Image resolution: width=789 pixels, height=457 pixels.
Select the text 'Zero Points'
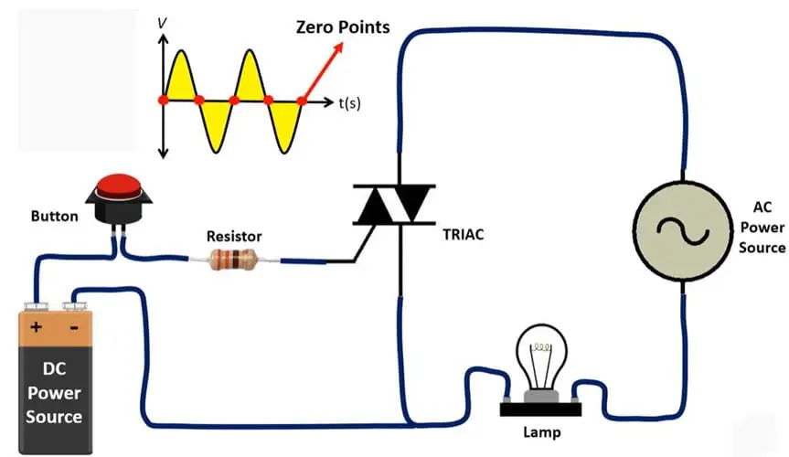pos(342,27)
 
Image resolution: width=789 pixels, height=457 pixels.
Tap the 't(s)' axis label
pos(349,103)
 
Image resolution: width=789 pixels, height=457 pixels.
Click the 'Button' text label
pos(55,217)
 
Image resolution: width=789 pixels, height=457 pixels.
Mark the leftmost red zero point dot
pos(163,100)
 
